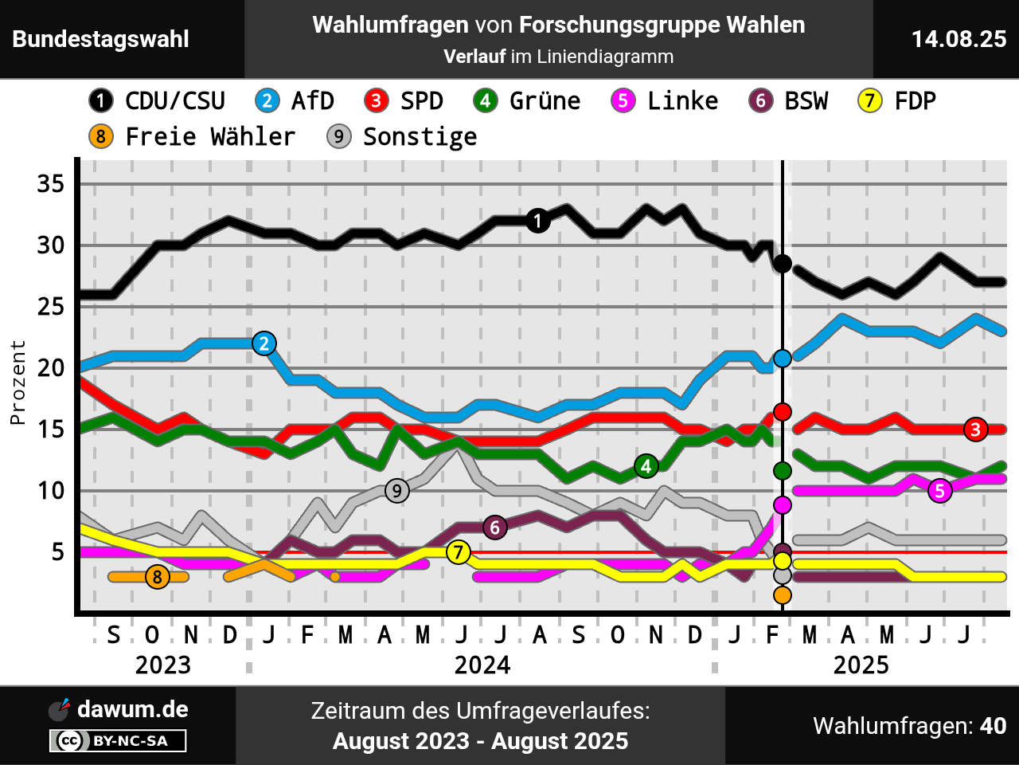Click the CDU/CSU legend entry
coord(157,101)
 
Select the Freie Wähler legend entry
coord(192,137)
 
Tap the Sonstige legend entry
coord(402,137)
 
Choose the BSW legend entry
coord(788,101)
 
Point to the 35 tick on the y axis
coord(51,184)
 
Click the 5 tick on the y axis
coord(58,551)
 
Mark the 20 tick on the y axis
coord(51,368)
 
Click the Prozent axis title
coord(18,382)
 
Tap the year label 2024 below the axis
coord(482,665)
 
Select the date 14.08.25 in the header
coord(958,39)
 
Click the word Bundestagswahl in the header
coord(101,39)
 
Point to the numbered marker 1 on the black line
coord(538,221)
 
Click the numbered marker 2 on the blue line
coord(264,343)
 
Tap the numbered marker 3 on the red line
coord(975,429)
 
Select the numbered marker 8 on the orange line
coord(158,576)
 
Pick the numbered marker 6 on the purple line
coord(495,527)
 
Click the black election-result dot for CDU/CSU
coord(783,264)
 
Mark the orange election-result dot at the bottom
coord(783,595)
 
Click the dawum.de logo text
coord(132,709)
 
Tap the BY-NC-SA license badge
coord(118,741)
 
